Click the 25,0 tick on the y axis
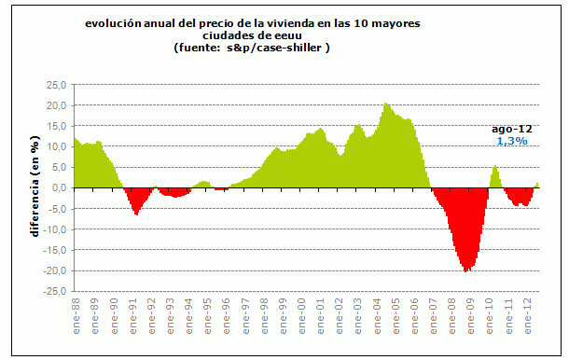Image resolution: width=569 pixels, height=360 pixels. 57,84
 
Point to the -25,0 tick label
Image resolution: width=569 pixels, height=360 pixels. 55,291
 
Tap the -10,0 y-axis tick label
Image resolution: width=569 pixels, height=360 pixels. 55,229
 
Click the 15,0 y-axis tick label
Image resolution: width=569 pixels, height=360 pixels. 57,126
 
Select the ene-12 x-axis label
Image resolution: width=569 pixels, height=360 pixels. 528,314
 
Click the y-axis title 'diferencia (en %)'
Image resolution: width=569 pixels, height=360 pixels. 35,187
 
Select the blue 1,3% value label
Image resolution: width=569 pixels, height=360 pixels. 511,141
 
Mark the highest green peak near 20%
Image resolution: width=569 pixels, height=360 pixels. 386,104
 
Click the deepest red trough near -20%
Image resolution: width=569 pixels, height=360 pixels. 465,270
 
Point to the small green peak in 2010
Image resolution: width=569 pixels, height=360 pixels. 495,167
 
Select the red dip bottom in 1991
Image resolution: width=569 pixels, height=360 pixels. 136,214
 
